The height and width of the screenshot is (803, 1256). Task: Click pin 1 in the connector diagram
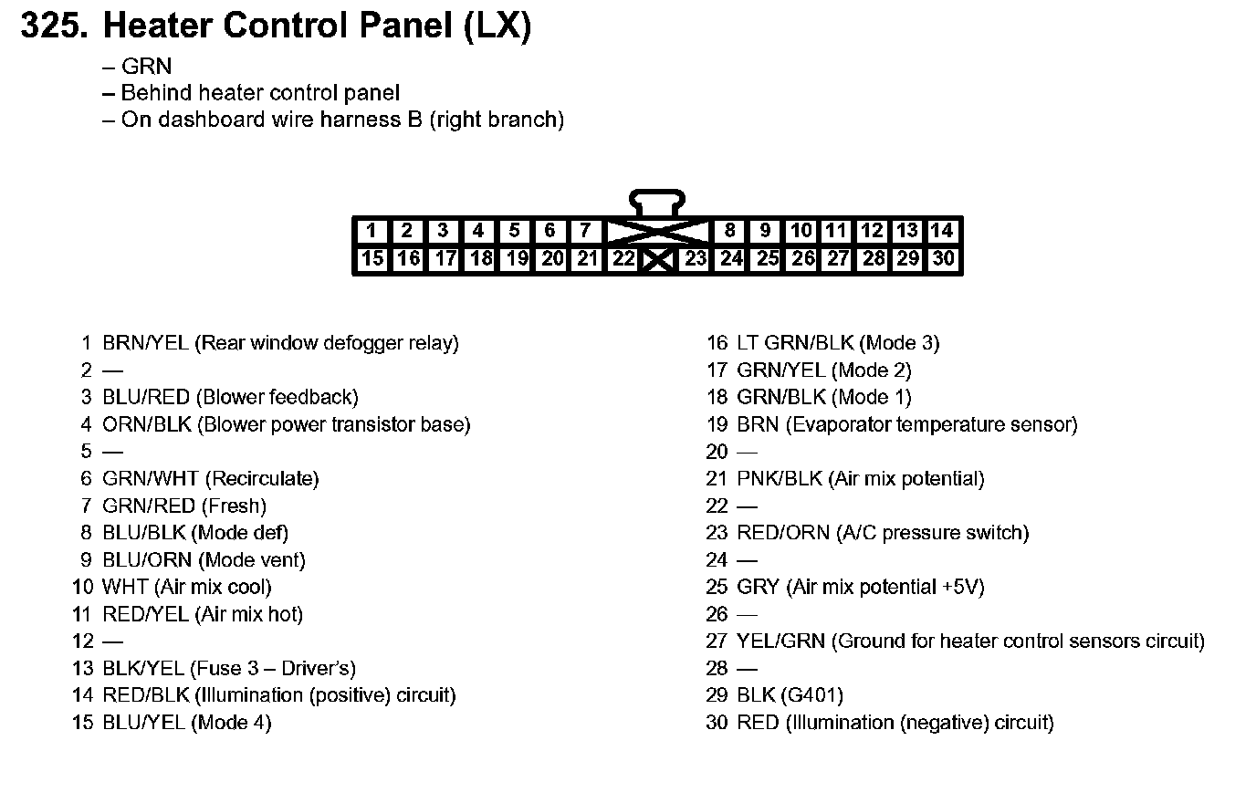tap(371, 231)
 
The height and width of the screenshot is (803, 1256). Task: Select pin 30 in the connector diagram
tap(943, 259)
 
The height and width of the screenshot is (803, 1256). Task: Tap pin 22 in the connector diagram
tap(623, 259)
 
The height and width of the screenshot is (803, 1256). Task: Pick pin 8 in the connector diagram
tap(729, 231)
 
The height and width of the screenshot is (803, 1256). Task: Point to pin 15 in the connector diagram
tap(372, 259)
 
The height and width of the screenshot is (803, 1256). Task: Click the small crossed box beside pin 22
tap(657, 261)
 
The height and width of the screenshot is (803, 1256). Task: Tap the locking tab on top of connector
tap(657, 202)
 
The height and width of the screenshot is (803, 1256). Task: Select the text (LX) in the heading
tap(497, 26)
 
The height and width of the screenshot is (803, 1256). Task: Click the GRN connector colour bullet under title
tap(146, 67)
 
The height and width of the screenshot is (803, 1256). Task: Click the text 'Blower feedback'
tap(277, 398)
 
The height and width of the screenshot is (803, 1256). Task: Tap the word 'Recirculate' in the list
tap(262, 479)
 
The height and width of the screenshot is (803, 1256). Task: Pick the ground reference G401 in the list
tap(811, 695)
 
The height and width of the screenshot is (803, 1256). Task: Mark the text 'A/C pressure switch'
tap(932, 533)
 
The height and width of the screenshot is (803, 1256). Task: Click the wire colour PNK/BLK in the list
tap(778, 479)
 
